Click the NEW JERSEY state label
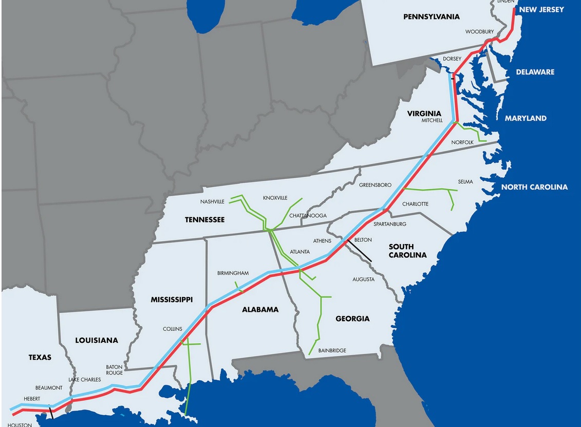click(541, 10)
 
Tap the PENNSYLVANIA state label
click(431, 17)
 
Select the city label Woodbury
click(479, 32)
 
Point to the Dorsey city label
click(452, 59)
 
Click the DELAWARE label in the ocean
click(535, 72)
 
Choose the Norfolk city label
click(462, 142)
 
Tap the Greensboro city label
click(375, 185)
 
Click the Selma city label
click(465, 182)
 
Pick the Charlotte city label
click(415, 204)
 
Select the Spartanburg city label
click(390, 224)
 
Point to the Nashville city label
click(213, 202)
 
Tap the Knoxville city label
click(275, 198)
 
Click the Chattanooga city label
click(308, 215)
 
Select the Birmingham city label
click(233, 273)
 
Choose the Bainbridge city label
click(332, 350)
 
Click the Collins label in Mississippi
click(172, 329)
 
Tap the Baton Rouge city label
click(114, 370)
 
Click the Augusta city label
click(363, 280)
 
